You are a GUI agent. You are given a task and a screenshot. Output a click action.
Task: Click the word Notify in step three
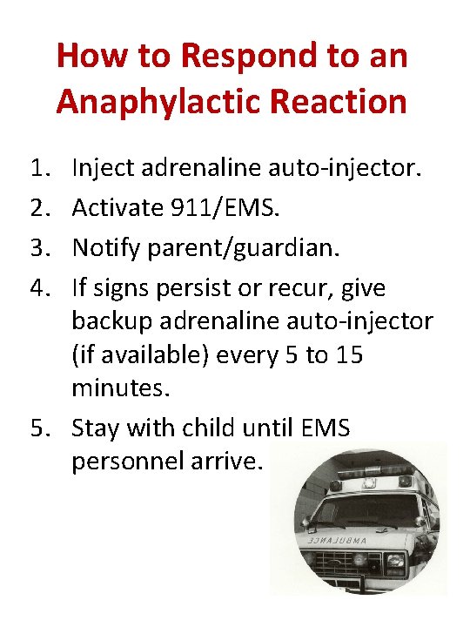coord(104,248)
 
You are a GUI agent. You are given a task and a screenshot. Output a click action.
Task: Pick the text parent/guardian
coord(247,248)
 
